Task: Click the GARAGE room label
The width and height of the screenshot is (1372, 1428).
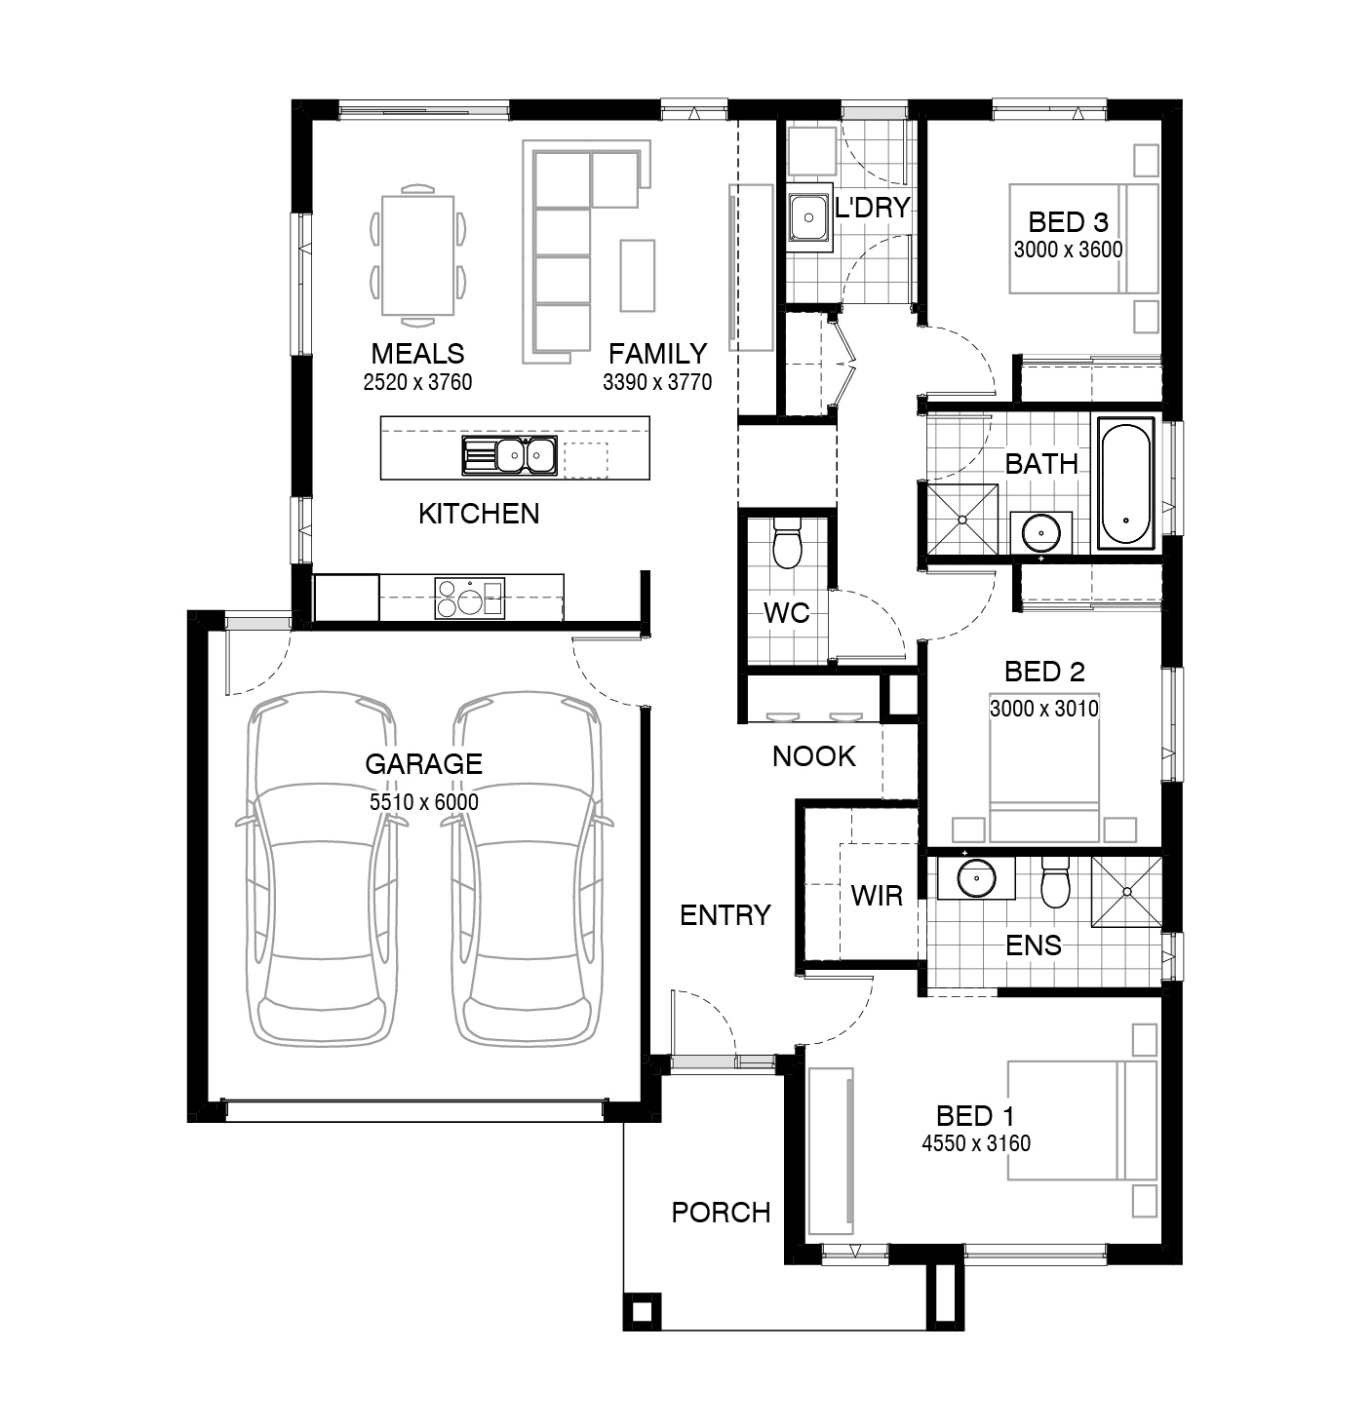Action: pos(423,763)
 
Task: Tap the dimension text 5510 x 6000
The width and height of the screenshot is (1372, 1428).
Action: pos(423,802)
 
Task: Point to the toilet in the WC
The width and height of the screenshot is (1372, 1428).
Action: pos(786,546)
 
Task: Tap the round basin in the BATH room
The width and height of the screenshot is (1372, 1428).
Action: pos(1041,532)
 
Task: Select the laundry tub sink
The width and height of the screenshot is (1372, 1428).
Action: pos(807,217)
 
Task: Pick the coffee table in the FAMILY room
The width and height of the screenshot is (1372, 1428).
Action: pos(638,275)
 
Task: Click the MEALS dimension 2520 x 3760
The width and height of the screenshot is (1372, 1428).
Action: pos(417,382)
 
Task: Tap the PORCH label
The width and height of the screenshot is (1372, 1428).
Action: pos(721,1213)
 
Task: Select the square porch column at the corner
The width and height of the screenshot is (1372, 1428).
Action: pos(642,1311)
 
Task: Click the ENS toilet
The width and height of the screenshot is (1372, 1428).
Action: pos(1054,882)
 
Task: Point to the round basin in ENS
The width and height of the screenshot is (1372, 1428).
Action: pos(975,879)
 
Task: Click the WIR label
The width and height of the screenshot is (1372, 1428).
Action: pos(877,896)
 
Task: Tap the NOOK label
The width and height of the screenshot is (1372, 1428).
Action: pos(813,756)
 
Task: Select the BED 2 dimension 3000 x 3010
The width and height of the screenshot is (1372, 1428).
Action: pos(1043,709)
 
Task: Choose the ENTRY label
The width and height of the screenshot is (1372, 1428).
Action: pos(725,915)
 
